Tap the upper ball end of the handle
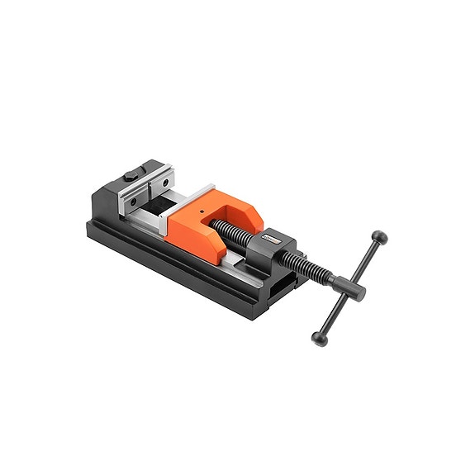[x=380, y=238]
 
